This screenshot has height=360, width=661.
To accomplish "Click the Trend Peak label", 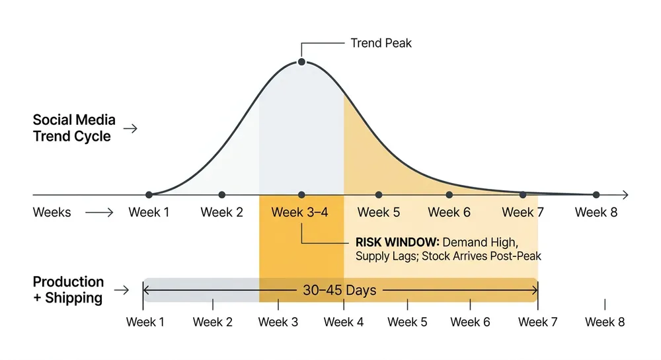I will [381, 43].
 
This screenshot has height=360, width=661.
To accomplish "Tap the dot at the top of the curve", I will [301, 61].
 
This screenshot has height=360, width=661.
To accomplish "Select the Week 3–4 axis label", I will [299, 213].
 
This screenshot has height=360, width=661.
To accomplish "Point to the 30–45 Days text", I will [340, 289].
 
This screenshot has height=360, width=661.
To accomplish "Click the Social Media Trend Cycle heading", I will [74, 128].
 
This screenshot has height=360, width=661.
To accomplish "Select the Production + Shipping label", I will [68, 289].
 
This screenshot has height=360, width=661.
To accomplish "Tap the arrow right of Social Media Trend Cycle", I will [131, 128].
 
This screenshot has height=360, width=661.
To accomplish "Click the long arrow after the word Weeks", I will [100, 213].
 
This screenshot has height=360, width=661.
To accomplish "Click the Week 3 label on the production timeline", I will [278, 322].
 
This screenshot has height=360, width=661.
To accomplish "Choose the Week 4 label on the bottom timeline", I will [343, 322].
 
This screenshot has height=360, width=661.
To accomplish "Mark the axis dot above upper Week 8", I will [596, 195].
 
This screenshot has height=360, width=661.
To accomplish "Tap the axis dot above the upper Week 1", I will [149, 195].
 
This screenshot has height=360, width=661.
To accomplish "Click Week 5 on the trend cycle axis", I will [378, 213].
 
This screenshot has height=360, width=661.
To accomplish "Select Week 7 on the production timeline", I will [537, 322].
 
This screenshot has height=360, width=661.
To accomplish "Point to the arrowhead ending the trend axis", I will [625, 195].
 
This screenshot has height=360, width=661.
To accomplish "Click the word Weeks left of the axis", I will [52, 213].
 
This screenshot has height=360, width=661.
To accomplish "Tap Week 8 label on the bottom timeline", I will [604, 322].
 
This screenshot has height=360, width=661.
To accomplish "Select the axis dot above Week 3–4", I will [301, 195].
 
